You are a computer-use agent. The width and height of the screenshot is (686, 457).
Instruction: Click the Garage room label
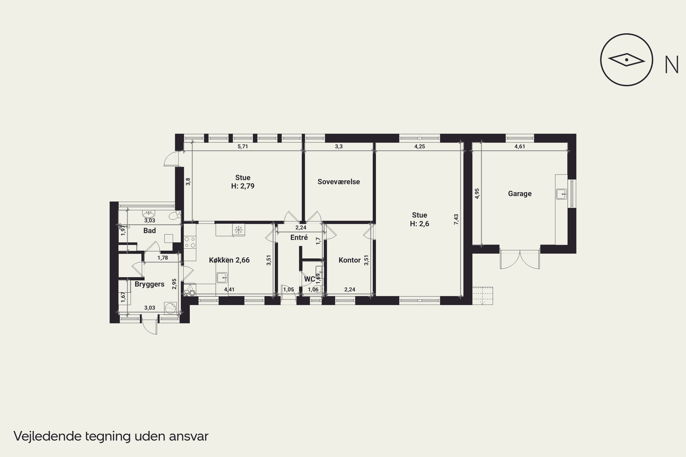coord(520,194)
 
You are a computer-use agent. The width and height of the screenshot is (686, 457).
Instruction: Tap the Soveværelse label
coord(339,182)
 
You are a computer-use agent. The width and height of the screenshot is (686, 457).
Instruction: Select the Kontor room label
coord(349,260)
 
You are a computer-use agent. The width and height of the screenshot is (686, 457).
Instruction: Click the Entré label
coord(299,238)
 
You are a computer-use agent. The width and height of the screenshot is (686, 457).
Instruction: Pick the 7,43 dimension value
coord(456,219)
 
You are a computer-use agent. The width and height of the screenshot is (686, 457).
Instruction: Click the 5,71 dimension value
coord(243,146)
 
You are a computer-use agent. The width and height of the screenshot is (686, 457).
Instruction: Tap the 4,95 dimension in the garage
coord(477,194)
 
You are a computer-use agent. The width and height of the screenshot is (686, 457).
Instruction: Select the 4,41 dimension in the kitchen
coord(229,290)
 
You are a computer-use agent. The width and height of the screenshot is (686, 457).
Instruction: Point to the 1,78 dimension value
coord(163,258)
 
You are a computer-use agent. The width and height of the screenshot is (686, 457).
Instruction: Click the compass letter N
coord(671,64)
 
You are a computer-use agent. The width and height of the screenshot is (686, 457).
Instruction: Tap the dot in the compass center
coord(627,60)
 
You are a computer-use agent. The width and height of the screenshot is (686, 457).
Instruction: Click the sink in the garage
coord(561,194)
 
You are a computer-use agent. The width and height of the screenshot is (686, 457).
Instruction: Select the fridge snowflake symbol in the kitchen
coord(238,230)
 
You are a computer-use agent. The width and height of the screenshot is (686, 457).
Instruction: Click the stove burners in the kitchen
coord(190,242)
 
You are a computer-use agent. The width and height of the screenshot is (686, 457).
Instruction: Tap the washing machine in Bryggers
coord(171,308)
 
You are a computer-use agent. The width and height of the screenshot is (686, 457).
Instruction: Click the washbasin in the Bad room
coord(149,214)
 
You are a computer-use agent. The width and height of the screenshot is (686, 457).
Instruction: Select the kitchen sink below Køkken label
coord(222,278)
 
